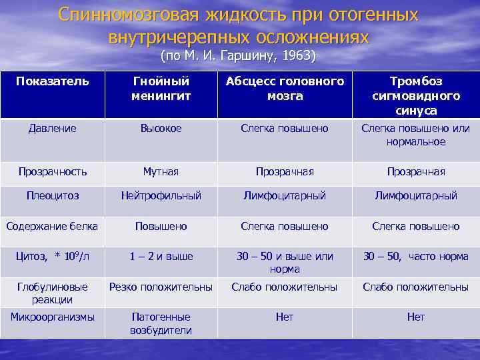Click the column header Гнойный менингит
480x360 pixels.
[161, 89]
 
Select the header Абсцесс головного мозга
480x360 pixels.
[285, 89]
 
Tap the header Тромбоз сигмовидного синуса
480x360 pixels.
[416, 96]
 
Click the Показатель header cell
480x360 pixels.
[52, 81]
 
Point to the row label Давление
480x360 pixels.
[52, 128]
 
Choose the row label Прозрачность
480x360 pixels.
[52, 171]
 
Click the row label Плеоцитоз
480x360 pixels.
[52, 195]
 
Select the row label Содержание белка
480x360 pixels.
[52, 226]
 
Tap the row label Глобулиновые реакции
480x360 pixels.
[52, 293]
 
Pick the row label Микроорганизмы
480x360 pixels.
[52, 317]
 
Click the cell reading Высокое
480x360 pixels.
[161, 128]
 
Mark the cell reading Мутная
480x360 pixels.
[161, 171]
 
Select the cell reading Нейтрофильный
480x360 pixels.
[161, 195]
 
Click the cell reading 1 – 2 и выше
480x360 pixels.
[161, 256]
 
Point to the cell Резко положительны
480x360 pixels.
[161, 287]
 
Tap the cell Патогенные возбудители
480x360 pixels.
[161, 323]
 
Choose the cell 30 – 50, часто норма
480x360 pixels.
[416, 256]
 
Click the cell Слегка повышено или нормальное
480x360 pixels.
[416, 135]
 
